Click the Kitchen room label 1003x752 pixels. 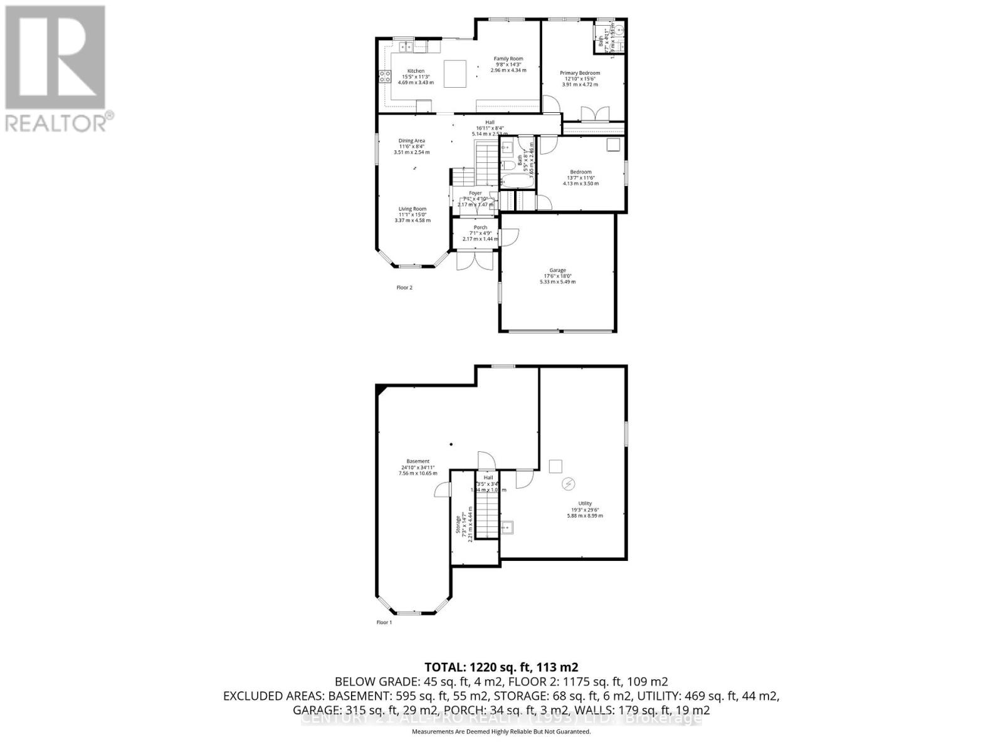click(x=416, y=71)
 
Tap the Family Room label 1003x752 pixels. click(x=508, y=59)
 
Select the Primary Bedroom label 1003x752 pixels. click(x=580, y=73)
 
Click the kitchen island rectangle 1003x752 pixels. click(x=455, y=74)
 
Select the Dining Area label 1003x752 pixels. click(x=412, y=141)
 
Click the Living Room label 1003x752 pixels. click(x=412, y=209)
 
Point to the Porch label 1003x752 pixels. click(x=480, y=227)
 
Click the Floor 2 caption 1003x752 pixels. click(x=404, y=288)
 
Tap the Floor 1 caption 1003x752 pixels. click(x=384, y=622)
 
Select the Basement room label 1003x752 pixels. click(x=417, y=461)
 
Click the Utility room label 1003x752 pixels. click(x=585, y=503)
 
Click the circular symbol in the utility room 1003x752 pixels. click(x=569, y=483)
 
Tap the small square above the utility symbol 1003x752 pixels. click(x=555, y=466)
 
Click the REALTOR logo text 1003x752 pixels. click(x=60, y=122)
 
